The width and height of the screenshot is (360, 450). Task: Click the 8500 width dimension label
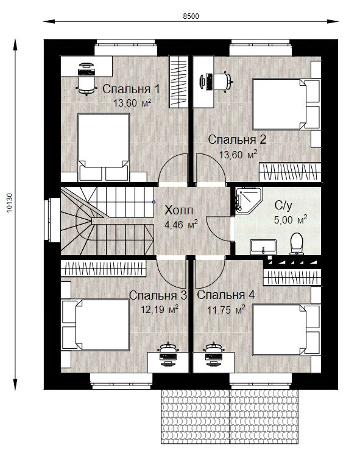point(191,16)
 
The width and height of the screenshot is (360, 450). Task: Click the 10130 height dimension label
point(10,203)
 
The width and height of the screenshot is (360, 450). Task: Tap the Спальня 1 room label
point(131,89)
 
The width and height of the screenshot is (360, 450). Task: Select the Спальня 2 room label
point(237,140)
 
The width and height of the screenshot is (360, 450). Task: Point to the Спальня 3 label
point(158,295)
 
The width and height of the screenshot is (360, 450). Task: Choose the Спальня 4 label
point(226,295)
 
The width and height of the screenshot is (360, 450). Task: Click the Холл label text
point(179,210)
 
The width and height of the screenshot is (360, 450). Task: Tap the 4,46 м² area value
point(181,225)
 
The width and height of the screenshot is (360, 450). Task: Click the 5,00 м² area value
point(291,220)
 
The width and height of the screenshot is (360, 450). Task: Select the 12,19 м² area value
point(160,309)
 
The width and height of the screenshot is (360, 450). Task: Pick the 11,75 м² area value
point(226,310)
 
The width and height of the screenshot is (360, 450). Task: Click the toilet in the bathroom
point(296,244)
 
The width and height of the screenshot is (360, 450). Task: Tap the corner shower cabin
point(249,200)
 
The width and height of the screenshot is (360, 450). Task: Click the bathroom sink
point(263,247)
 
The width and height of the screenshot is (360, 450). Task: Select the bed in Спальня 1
point(104,147)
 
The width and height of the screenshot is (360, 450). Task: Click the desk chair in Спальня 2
point(222,82)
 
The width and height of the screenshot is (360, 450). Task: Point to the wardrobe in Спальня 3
point(104,268)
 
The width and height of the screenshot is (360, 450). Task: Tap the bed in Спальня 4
point(286,330)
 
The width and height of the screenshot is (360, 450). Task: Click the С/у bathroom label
point(283,205)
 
